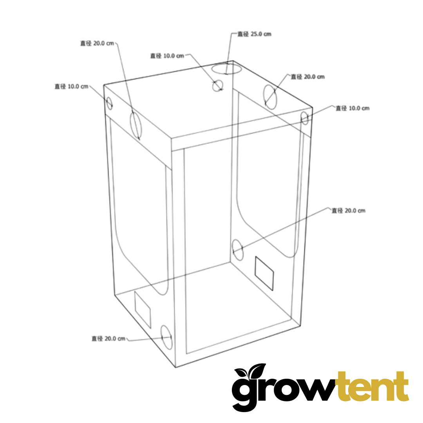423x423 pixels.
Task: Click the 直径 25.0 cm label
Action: (254, 34)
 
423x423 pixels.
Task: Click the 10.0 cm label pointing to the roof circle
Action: (167, 56)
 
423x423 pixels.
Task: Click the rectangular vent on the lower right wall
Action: (264, 273)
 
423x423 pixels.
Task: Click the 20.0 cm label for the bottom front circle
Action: (108, 338)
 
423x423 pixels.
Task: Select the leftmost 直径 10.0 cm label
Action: (72, 87)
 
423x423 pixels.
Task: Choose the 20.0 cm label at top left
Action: (97, 43)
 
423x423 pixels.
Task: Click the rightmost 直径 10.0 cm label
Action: (352, 108)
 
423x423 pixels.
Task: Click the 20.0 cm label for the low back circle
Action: (348, 211)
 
